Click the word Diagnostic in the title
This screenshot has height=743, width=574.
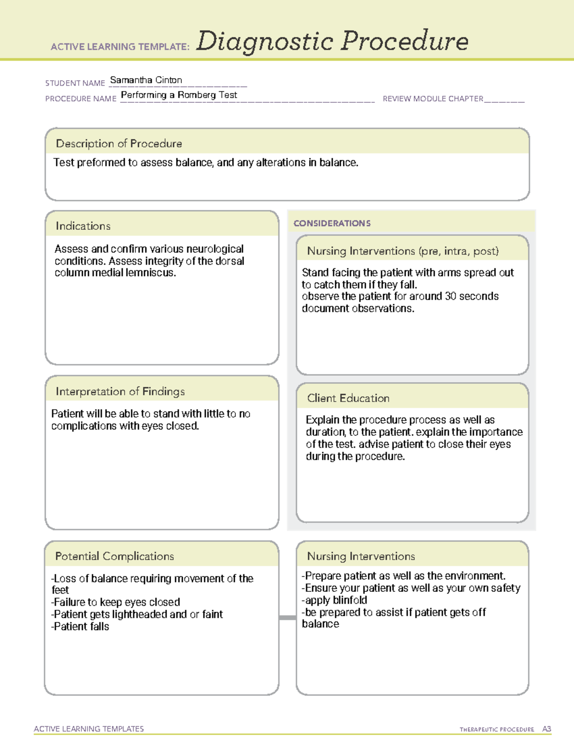pyautogui.click(x=265, y=42)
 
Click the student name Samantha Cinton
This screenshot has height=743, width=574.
pyautogui.click(x=146, y=80)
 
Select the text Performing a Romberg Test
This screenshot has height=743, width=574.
pyautogui.click(x=179, y=95)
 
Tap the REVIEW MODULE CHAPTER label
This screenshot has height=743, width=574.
pyautogui.click(x=433, y=99)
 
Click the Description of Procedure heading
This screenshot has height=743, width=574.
pyautogui.click(x=119, y=144)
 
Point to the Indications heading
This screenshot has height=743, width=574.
pyautogui.click(x=83, y=226)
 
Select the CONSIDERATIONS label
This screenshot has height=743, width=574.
pyautogui.click(x=332, y=223)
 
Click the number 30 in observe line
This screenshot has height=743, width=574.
pyautogui.click(x=450, y=297)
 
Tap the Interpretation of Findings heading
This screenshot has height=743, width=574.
pyautogui.click(x=120, y=391)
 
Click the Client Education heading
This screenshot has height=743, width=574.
pyautogui.click(x=348, y=398)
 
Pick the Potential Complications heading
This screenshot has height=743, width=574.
pyautogui.click(x=114, y=556)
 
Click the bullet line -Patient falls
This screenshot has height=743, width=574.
pyautogui.click(x=80, y=627)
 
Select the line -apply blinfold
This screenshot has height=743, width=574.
pyautogui.click(x=334, y=600)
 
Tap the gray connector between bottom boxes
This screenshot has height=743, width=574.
pyautogui.click(x=287, y=618)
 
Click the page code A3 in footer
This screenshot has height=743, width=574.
pyautogui.click(x=546, y=729)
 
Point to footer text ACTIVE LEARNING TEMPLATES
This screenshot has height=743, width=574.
pyautogui.click(x=89, y=729)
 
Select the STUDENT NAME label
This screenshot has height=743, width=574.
pyautogui.click(x=75, y=83)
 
